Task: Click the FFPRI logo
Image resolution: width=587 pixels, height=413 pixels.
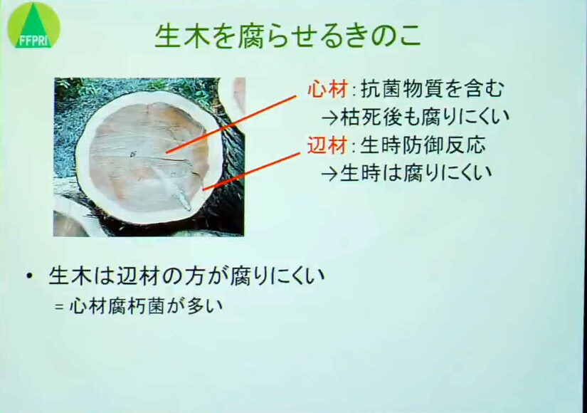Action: pyautogui.click(x=33, y=25)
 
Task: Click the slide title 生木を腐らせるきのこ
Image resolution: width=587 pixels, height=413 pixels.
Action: pyautogui.click(x=288, y=37)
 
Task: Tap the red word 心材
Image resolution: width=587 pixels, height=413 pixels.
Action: pyautogui.click(x=327, y=90)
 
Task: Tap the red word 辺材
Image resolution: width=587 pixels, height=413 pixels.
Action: pyautogui.click(x=327, y=145)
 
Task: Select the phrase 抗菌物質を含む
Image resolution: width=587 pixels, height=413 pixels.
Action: pyautogui.click(x=433, y=89)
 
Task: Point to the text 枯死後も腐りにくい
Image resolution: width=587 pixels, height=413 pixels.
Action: pyautogui.click(x=425, y=117)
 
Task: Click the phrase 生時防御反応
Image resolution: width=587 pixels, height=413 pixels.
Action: pyautogui.click(x=423, y=145)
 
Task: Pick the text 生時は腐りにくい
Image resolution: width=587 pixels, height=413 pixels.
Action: pyautogui.click(x=416, y=173)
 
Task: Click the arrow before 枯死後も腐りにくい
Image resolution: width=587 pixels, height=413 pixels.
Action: pyautogui.click(x=330, y=118)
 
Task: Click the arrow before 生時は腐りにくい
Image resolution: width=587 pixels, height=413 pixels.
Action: pyautogui.click(x=329, y=174)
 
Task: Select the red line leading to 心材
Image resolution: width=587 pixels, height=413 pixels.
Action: pyautogui.click(x=231, y=124)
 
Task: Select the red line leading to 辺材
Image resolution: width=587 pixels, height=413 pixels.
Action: pyautogui.click(x=252, y=172)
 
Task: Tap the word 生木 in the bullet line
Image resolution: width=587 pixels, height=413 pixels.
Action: pyautogui.click(x=70, y=276)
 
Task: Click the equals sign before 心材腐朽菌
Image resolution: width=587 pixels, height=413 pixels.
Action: pyautogui.click(x=58, y=307)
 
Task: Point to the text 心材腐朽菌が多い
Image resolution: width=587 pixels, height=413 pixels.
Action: pyautogui.click(x=147, y=306)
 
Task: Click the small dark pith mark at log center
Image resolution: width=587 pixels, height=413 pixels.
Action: pyautogui.click(x=133, y=154)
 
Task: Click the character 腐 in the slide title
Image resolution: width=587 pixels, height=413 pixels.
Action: pyautogui.click(x=252, y=37)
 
